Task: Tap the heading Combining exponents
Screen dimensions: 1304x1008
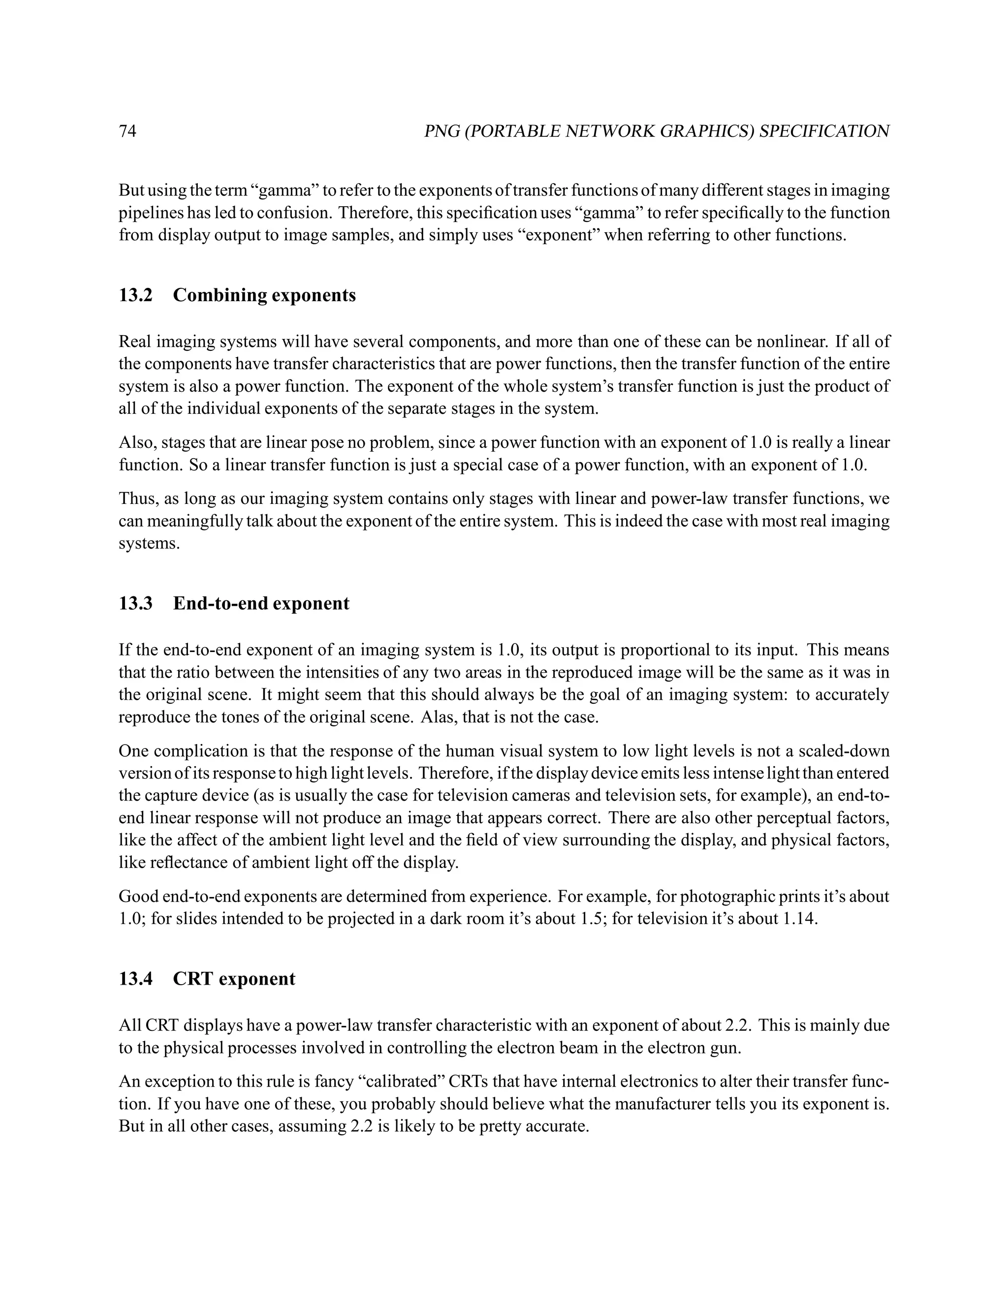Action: click(264, 295)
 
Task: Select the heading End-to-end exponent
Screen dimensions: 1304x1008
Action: click(261, 603)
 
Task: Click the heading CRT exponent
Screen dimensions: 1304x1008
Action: click(234, 979)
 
